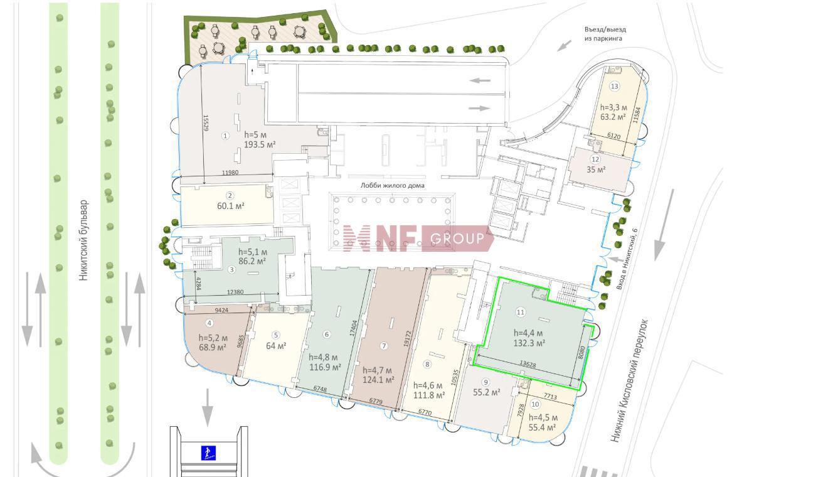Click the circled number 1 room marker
pyautogui.click(x=226, y=136)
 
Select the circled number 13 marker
pyautogui.click(x=614, y=86)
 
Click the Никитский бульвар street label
pyautogui.click(x=84, y=240)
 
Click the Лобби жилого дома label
pyautogui.click(x=392, y=185)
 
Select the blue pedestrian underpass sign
pyautogui.click(x=208, y=453)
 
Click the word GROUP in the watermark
pyautogui.click(x=457, y=238)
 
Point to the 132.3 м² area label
pyautogui.click(x=529, y=343)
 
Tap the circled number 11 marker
pyautogui.click(x=521, y=312)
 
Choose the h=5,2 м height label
pyautogui.click(x=212, y=337)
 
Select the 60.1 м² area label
pyautogui.click(x=231, y=206)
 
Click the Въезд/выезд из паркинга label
pyautogui.click(x=605, y=34)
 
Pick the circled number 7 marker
pyautogui.click(x=384, y=346)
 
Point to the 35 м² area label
pyautogui.click(x=596, y=170)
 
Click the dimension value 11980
pyautogui.click(x=231, y=173)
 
